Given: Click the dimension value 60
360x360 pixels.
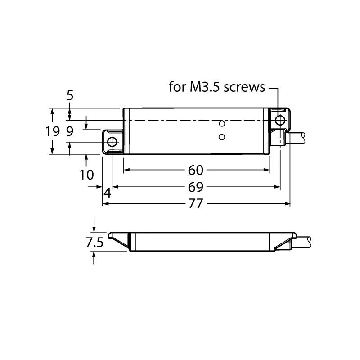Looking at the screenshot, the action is pyautogui.click(x=196, y=170).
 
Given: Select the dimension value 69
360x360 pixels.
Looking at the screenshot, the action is pyautogui.click(x=196, y=187).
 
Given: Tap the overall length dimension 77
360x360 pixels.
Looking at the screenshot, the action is pyautogui.click(x=196, y=204).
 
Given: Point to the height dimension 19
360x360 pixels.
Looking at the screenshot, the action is pyautogui.click(x=53, y=131).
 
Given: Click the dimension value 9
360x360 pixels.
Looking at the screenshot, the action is pyautogui.click(x=70, y=131).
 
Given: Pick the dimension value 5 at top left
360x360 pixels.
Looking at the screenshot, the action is pyautogui.click(x=70, y=95).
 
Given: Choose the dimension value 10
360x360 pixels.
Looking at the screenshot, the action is pyautogui.click(x=86, y=175).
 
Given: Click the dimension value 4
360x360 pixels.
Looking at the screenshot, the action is pyautogui.click(x=108, y=193).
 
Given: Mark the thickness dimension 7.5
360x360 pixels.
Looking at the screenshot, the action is pyautogui.click(x=94, y=243).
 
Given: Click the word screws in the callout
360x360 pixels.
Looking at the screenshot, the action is pyautogui.click(x=244, y=87).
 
